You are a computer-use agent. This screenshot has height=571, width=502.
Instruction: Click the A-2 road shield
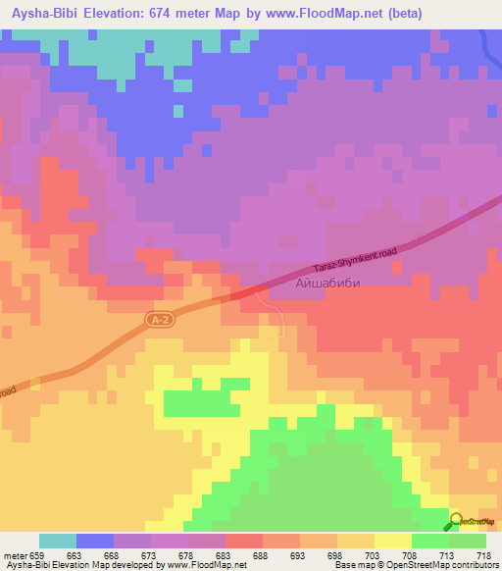coord(159,320)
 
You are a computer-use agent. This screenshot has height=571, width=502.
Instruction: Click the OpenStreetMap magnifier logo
coord(457,522)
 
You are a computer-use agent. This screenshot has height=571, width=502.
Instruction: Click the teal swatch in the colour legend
coord(58,541)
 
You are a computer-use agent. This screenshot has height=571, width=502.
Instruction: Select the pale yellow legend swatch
coord(393,541)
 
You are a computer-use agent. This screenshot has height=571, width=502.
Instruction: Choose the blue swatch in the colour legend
coord(95,541)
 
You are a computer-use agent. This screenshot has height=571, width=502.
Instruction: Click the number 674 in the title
coord(183,12)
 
